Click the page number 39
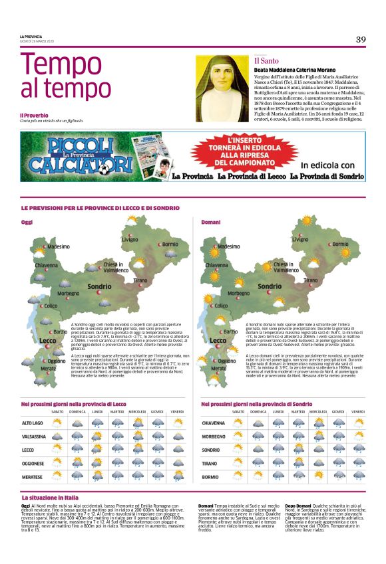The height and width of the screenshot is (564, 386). [361, 39]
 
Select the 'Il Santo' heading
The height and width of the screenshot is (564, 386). [265, 60]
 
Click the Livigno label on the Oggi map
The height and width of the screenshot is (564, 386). [130, 239]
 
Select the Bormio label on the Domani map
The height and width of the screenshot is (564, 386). [341, 244]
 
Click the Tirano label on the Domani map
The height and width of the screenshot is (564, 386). [311, 280]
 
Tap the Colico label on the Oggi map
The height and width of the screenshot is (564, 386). [51, 306]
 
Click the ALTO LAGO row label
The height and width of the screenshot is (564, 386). [33, 423]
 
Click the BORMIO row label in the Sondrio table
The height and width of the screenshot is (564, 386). [210, 477]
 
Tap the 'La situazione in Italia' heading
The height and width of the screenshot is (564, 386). [50, 498]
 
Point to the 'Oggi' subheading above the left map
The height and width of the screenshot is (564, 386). [27, 222]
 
